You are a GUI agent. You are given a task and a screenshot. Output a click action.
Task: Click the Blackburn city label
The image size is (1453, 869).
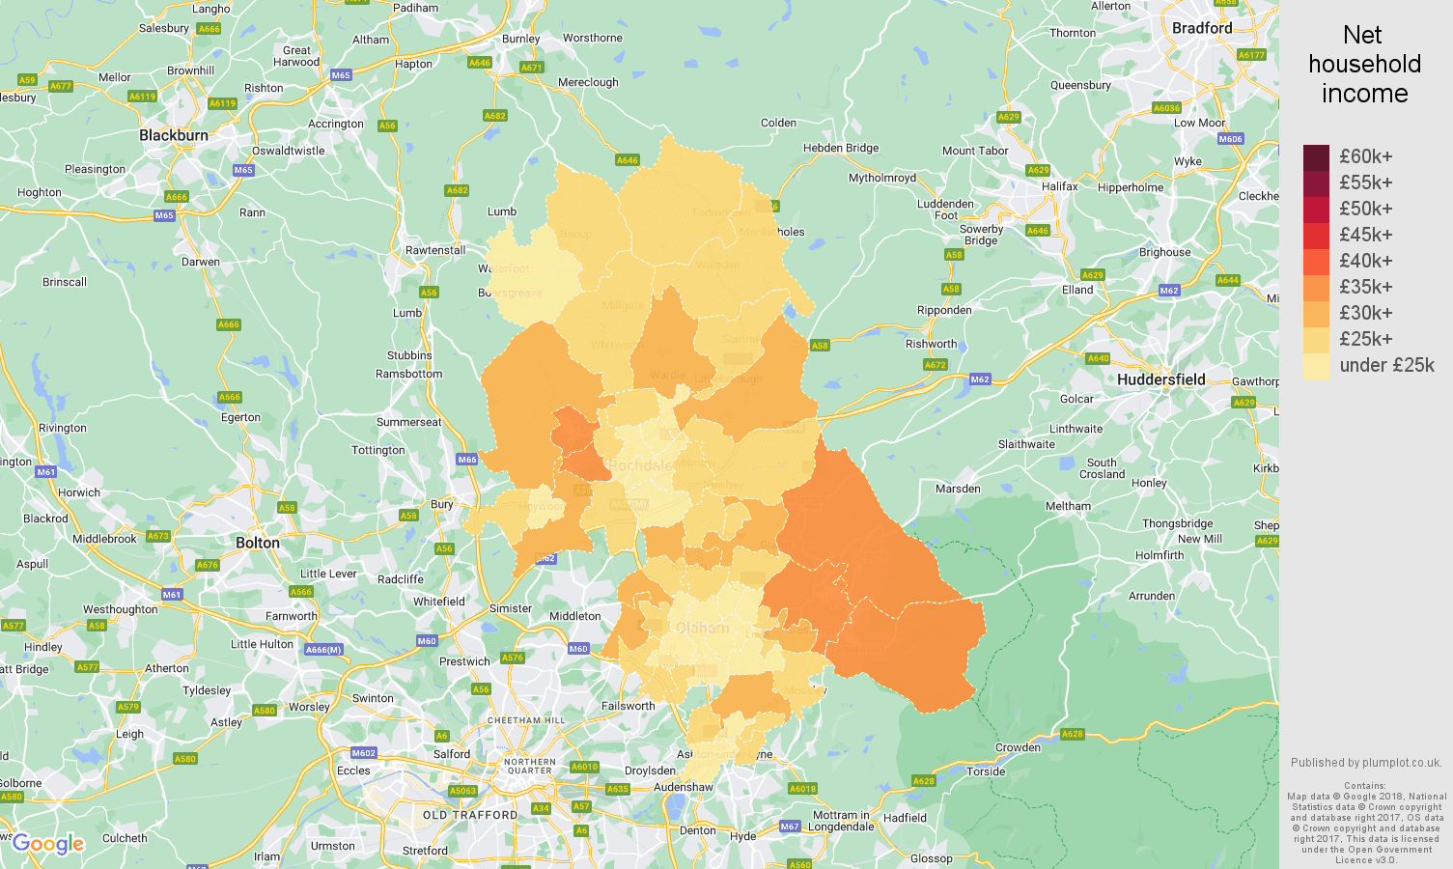click(x=174, y=135)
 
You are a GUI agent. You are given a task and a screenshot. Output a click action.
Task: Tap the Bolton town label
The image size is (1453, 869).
click(x=258, y=543)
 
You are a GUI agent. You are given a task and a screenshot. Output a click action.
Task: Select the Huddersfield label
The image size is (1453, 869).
click(x=1160, y=379)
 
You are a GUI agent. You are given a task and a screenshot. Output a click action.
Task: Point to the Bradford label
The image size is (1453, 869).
click(x=1201, y=28)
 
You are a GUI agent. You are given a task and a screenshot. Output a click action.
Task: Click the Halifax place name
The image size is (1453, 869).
click(x=1059, y=186)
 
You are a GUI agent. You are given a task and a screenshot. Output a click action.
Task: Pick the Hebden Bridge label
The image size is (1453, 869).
click(x=841, y=148)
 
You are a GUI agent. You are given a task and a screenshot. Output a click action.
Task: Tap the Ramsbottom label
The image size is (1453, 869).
click(x=408, y=374)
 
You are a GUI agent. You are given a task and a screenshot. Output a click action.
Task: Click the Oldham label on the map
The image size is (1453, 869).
click(x=702, y=628)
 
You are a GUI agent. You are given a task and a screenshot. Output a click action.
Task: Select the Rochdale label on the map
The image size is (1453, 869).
click(x=642, y=465)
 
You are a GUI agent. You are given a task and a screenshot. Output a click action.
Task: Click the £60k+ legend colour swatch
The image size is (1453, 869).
click(x=1316, y=157)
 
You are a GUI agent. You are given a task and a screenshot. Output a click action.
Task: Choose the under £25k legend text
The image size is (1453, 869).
click(x=1386, y=365)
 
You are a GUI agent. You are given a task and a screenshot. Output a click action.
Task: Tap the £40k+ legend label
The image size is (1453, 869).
click(x=1365, y=261)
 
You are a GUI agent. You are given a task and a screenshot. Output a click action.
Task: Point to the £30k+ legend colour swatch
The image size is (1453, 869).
click(x=1316, y=314)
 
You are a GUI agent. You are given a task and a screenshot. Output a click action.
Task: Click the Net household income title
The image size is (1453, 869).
click(x=1363, y=65)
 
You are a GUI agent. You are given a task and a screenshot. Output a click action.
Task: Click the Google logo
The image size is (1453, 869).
click(x=48, y=844)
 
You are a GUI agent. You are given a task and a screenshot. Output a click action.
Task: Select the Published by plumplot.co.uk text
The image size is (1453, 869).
click(x=1365, y=762)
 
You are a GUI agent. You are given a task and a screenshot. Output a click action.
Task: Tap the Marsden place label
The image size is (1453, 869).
click(x=958, y=489)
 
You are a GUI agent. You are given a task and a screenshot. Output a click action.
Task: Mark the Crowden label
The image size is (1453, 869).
click(x=1018, y=747)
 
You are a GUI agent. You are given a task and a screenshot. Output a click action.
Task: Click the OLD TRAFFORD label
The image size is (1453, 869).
click(x=469, y=815)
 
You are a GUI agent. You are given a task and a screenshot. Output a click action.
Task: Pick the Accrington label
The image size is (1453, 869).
click(x=335, y=124)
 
